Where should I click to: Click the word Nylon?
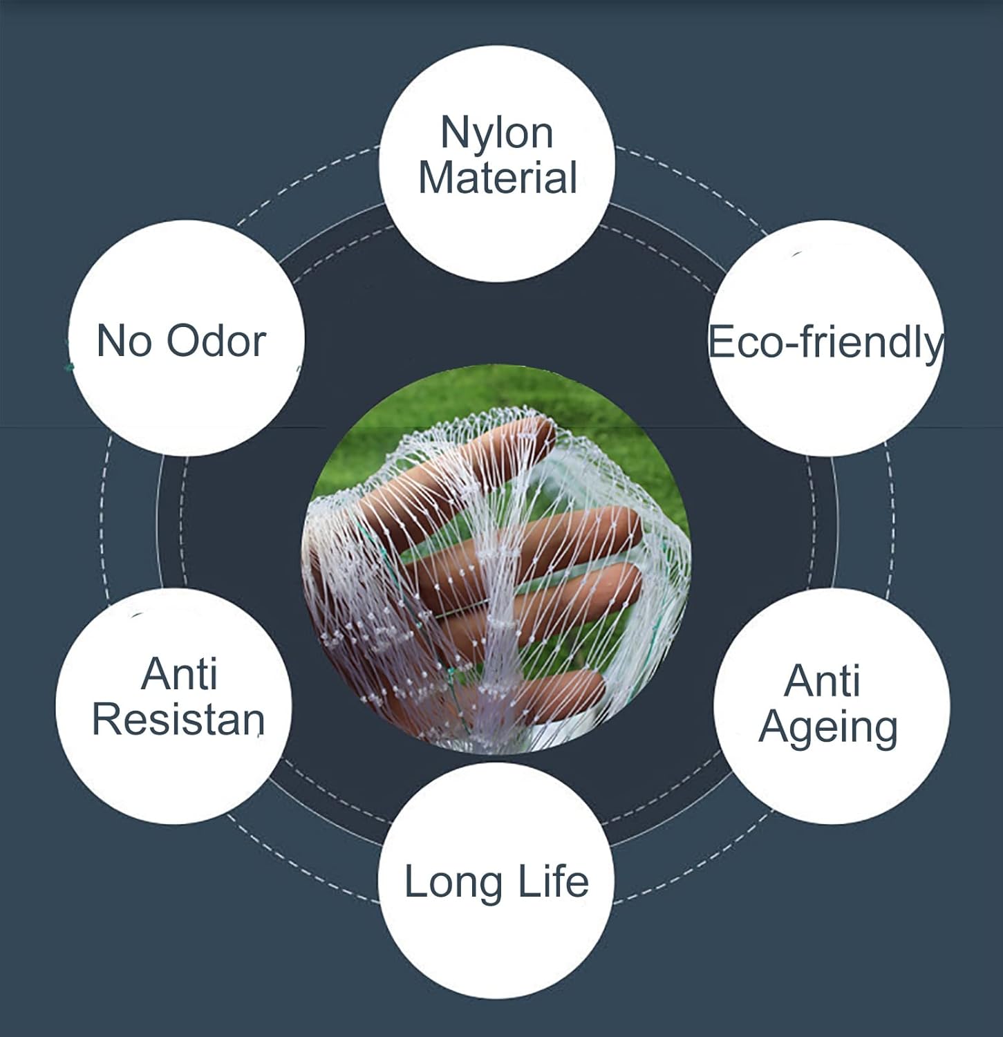coord(497,133)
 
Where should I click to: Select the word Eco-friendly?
coord(825,342)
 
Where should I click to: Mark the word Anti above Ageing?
coord(822,681)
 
